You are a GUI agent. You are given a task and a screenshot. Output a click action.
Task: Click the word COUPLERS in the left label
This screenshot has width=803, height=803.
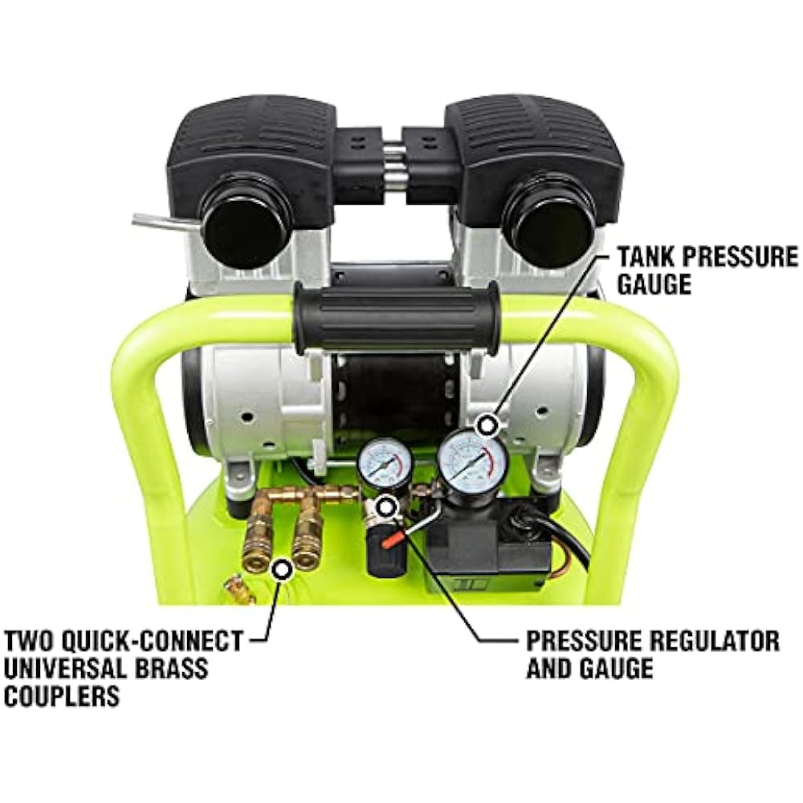(x=62, y=695)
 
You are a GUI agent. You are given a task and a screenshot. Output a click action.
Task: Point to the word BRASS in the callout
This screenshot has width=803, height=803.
(x=168, y=668)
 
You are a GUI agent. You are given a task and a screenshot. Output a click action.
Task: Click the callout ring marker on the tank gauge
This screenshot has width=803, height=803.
(x=487, y=425)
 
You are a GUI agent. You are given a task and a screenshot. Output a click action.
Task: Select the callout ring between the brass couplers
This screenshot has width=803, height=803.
(x=281, y=569)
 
